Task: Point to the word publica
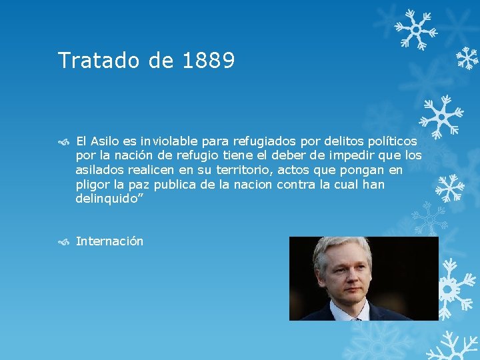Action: pos(173,185)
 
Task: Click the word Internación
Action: pos(109,241)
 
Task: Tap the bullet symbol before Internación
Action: pos(63,242)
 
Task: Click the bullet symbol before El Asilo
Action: pos(63,141)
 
